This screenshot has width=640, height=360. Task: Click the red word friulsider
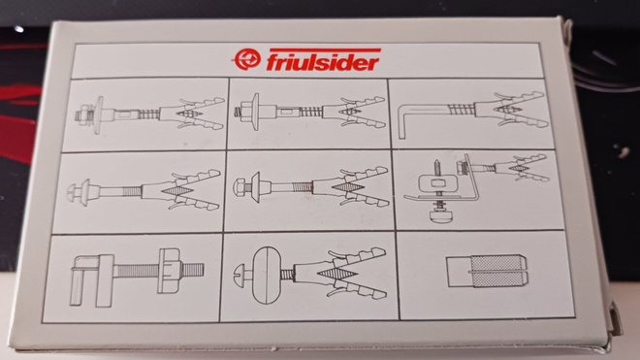(323, 62)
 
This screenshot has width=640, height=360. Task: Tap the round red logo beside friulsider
(247, 59)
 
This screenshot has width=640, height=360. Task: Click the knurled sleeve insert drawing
(488, 271)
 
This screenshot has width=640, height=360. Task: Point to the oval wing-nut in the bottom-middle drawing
(267, 275)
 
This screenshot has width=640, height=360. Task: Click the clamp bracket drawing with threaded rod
(137, 277)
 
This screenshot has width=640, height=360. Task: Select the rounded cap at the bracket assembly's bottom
(438, 215)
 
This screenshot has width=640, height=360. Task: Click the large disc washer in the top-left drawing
(98, 115)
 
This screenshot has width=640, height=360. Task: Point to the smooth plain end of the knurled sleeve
(459, 272)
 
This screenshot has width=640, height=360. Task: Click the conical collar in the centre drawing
(256, 187)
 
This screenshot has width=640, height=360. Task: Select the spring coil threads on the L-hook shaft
(462, 110)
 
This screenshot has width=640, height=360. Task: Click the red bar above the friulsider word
(325, 50)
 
